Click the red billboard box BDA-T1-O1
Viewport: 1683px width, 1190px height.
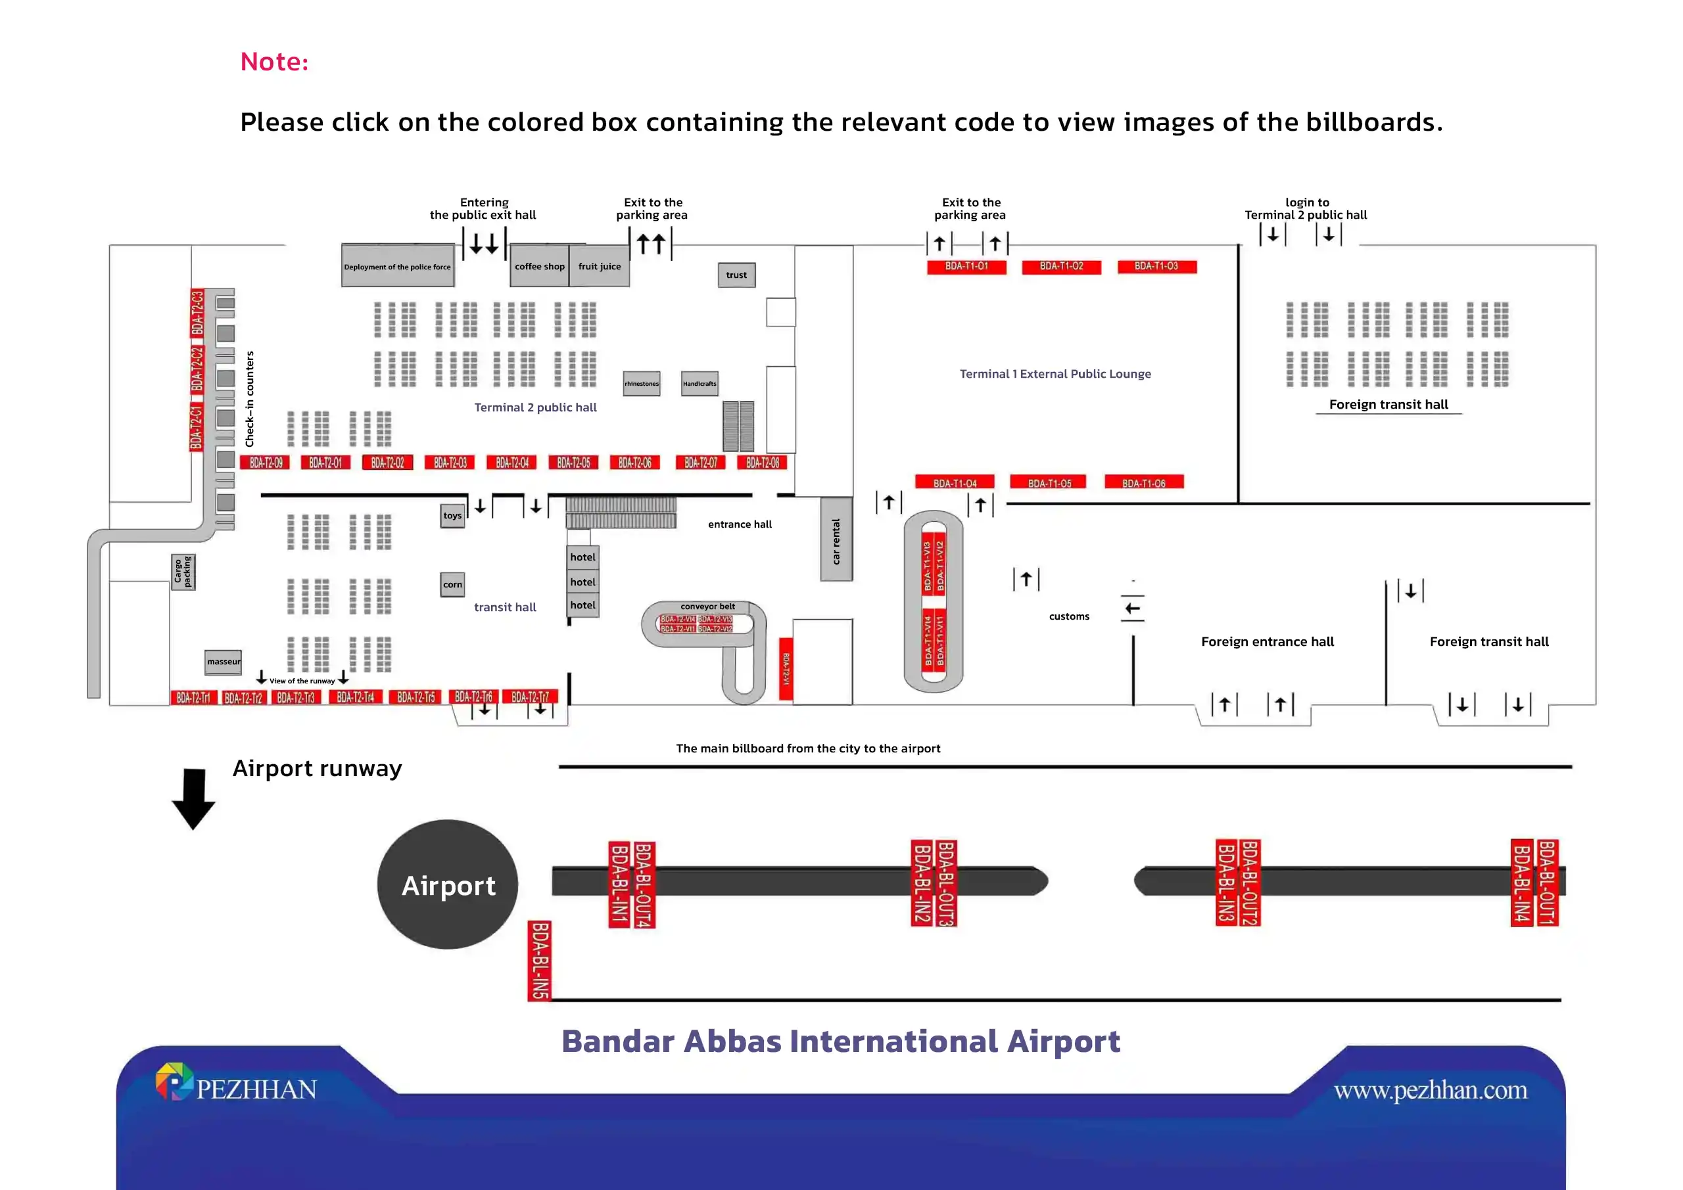click(966, 267)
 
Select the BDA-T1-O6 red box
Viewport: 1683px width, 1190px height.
click(1143, 483)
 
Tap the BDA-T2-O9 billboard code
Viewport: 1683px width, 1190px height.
click(266, 463)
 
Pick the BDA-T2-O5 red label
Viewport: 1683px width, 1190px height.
click(573, 463)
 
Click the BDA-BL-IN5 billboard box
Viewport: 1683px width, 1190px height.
click(540, 961)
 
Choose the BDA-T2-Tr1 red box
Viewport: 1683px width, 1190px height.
click(193, 698)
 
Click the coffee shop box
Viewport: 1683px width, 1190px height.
click(540, 267)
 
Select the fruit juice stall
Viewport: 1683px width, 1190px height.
click(599, 267)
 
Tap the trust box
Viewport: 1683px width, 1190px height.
click(736, 275)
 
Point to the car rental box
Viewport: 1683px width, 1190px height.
click(836, 540)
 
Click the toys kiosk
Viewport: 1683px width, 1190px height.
click(452, 516)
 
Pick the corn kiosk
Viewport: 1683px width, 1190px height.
click(452, 585)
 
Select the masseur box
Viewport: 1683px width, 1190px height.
click(223, 662)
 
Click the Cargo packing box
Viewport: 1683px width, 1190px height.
click(183, 572)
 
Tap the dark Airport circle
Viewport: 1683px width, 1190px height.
click(448, 884)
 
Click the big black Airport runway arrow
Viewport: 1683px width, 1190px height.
click(193, 798)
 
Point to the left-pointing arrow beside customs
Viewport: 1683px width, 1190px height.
click(1133, 609)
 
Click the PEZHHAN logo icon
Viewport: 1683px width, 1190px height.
click(174, 1082)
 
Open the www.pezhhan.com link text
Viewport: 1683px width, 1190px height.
click(1430, 1090)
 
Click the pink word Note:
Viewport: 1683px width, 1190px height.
click(275, 62)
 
